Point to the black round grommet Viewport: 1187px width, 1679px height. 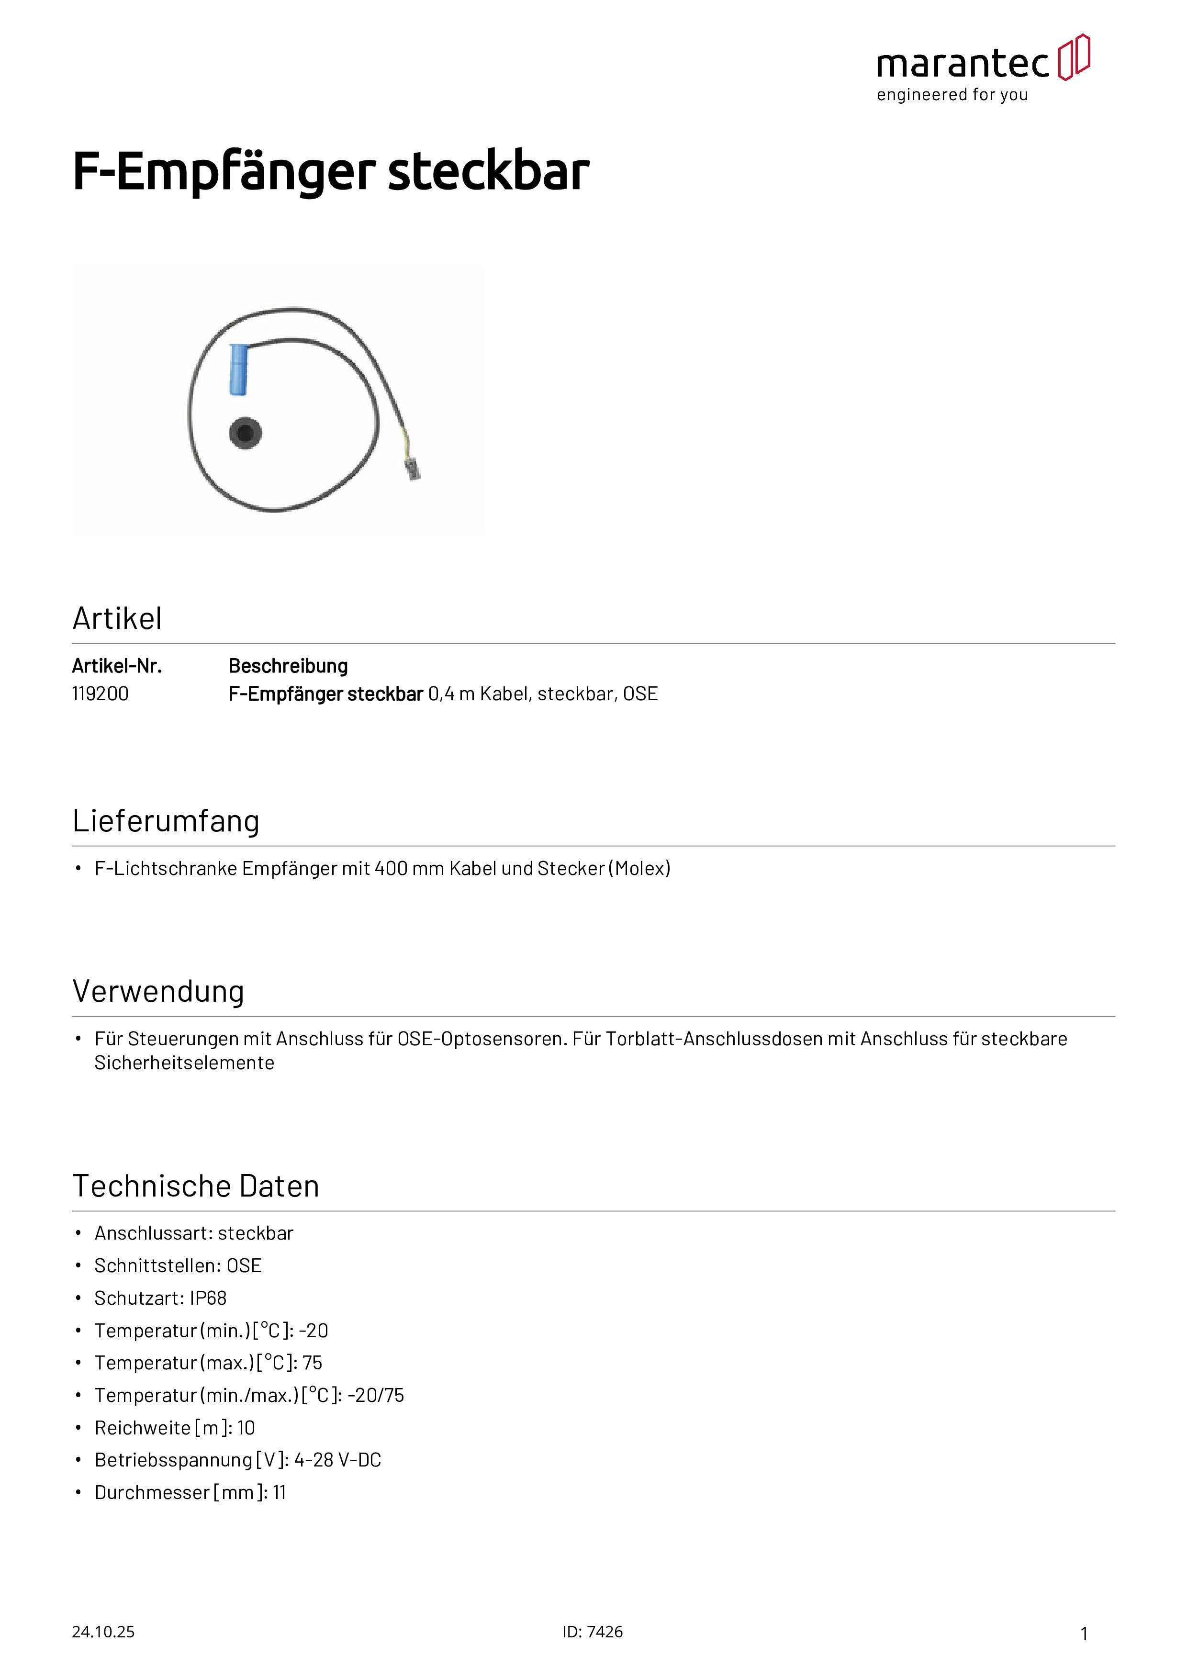click(245, 434)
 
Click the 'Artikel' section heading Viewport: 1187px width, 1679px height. click(117, 619)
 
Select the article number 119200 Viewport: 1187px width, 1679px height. click(100, 694)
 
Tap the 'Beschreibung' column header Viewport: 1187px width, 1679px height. click(288, 666)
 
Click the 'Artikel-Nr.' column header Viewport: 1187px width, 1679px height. click(117, 666)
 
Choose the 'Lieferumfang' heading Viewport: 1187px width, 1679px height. click(166, 821)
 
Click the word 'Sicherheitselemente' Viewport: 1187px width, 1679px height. click(184, 1063)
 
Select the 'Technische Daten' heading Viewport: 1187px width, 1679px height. click(196, 1186)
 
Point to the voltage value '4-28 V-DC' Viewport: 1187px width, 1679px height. click(338, 1460)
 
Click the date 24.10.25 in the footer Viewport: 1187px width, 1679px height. click(103, 1632)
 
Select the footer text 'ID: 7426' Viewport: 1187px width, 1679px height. click(593, 1632)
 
